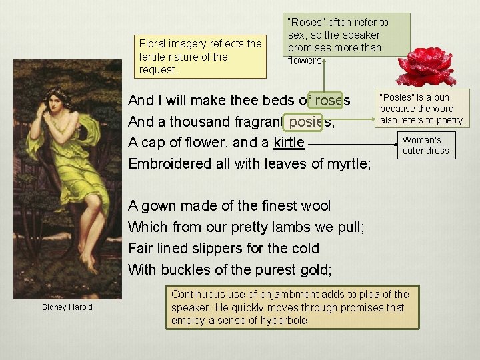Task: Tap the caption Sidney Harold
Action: tap(67, 307)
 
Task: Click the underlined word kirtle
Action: tap(289, 143)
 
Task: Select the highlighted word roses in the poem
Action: tap(330, 101)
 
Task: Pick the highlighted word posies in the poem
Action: tap(308, 122)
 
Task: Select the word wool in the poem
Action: tap(315, 205)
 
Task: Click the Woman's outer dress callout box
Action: tap(426, 145)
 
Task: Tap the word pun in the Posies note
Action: tap(441, 98)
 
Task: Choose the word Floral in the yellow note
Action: tap(153, 44)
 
